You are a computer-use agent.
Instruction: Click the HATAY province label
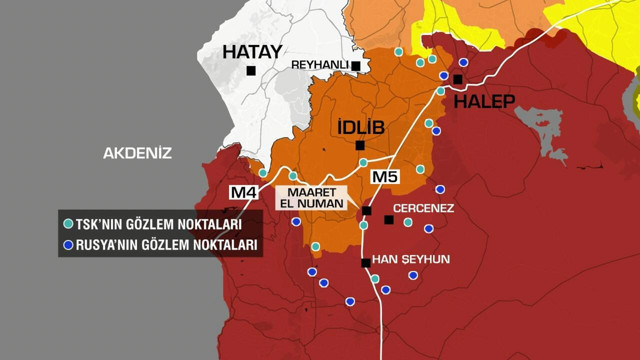coord(252,52)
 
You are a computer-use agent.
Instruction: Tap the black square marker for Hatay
coord(251,71)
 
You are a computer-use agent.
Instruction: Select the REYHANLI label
coord(318,65)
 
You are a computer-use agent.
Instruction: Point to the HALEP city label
coord(484,101)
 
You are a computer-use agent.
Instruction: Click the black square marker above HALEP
coord(458,79)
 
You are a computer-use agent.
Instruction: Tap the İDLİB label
coord(360,126)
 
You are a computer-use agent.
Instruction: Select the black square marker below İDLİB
coord(360,146)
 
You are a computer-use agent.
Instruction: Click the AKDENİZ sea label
coord(138,153)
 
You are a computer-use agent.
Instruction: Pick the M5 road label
coord(385,177)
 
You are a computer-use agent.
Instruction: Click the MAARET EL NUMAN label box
coord(311,197)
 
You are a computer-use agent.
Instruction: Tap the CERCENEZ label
coord(423,209)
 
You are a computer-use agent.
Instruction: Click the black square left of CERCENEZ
coord(389,219)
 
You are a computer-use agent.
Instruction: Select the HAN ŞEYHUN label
coord(411,259)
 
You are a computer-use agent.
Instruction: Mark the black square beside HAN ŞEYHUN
coord(366,263)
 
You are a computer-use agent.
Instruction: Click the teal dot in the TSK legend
coord(68,225)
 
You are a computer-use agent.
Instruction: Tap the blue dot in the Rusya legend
coord(68,245)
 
